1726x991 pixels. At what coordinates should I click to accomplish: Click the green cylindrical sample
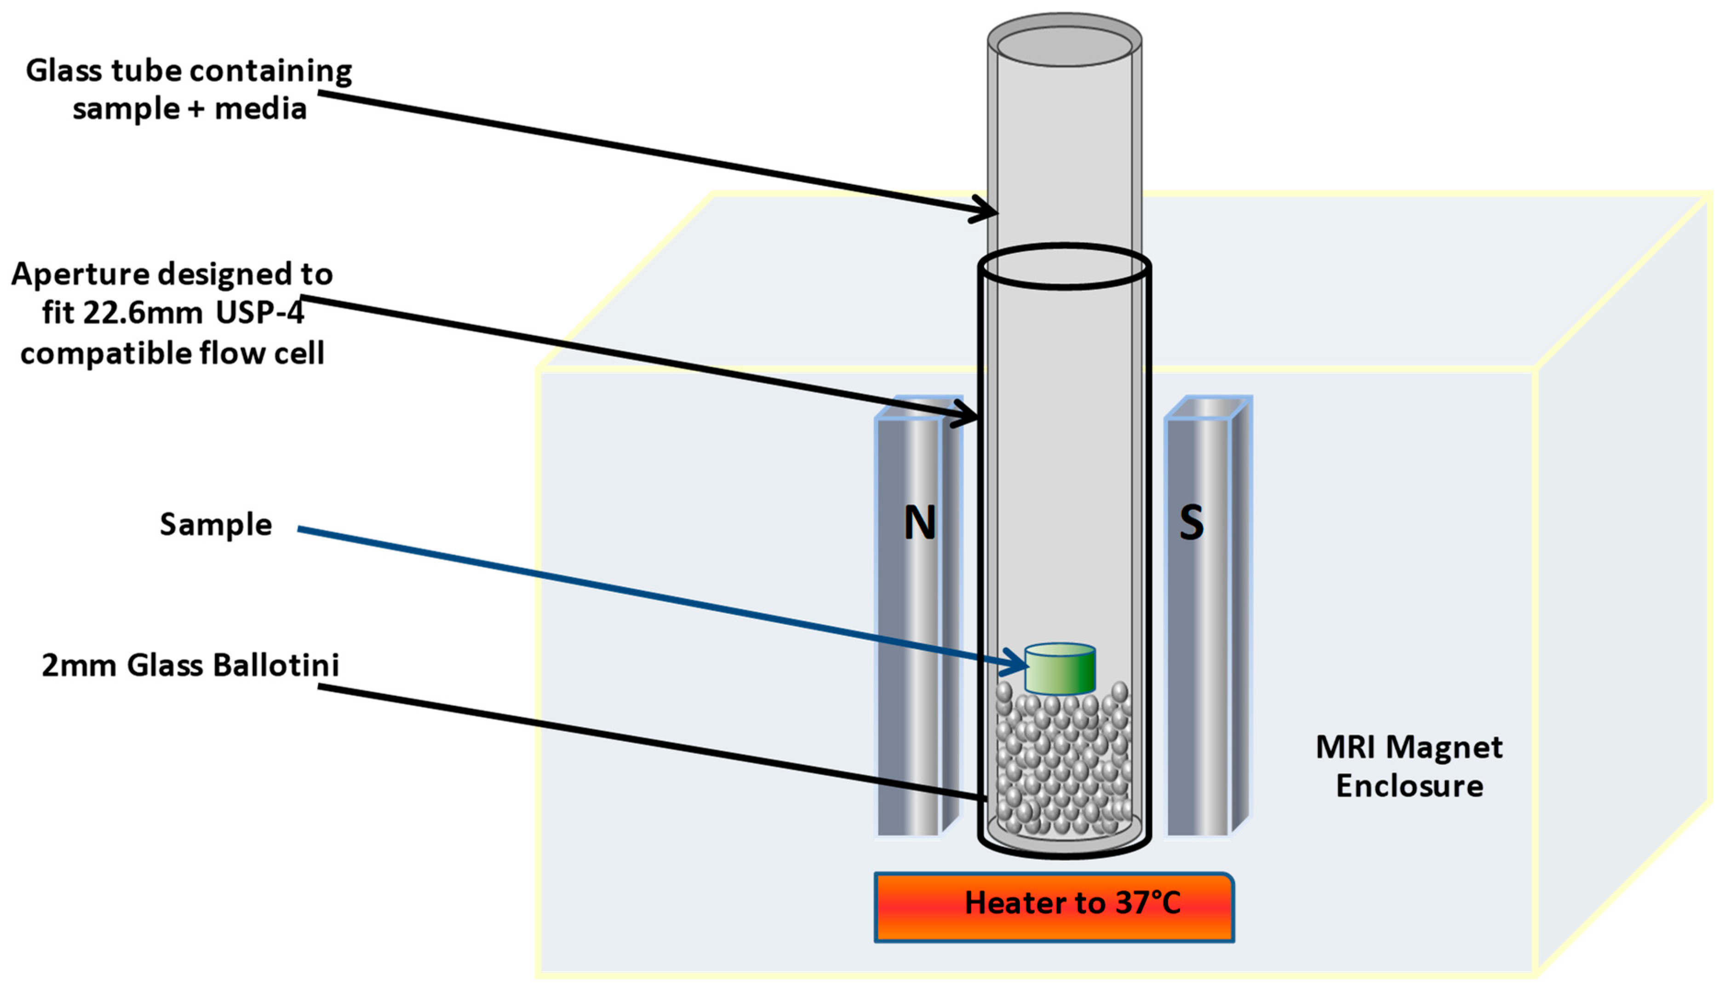[x=1060, y=670]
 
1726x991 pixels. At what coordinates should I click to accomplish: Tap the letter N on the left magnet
[x=919, y=523]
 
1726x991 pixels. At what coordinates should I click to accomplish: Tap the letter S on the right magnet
[x=1191, y=523]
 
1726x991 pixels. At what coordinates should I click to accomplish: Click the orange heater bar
[x=1054, y=908]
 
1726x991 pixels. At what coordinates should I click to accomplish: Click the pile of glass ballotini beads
[x=1062, y=762]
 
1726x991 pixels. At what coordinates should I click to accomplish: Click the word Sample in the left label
[x=216, y=525]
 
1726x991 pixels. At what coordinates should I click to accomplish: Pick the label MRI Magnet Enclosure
[x=1409, y=767]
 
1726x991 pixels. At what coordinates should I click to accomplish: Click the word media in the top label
[x=261, y=109]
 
